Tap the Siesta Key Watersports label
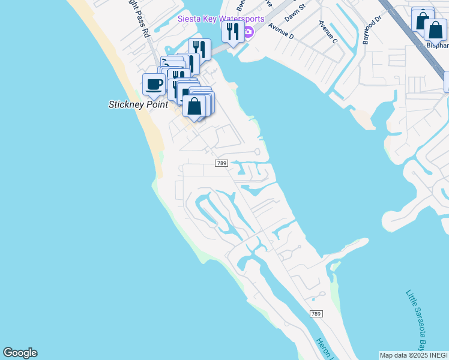coord(220,19)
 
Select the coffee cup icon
coord(154,85)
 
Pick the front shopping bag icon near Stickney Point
coord(195,107)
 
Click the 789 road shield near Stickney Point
coord(221,163)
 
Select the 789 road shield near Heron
coord(316,314)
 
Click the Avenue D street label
coord(282,31)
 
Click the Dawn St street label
coord(295,13)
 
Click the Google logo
coord(20,353)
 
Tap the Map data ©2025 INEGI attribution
coord(414,355)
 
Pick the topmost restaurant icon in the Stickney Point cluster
coord(200,49)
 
